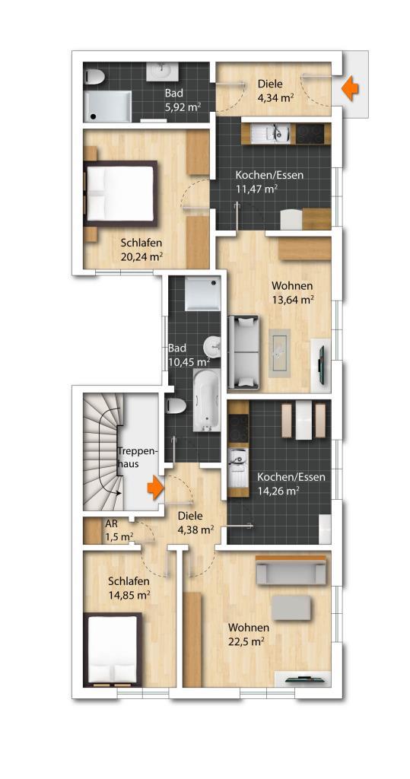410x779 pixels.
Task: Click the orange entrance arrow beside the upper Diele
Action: pyautogui.click(x=350, y=88)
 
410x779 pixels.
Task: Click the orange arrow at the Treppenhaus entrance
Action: pyautogui.click(x=155, y=488)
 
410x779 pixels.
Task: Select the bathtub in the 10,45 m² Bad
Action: pyautogui.click(x=205, y=399)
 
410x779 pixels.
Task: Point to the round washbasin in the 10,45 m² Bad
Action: pyautogui.click(x=212, y=345)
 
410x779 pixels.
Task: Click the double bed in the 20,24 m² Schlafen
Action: pyautogui.click(x=119, y=192)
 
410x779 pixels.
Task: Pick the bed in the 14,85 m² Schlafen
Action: pyautogui.click(x=113, y=650)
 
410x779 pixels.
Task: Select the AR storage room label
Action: pyautogui.click(x=110, y=523)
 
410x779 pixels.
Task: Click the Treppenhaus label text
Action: pyautogui.click(x=137, y=457)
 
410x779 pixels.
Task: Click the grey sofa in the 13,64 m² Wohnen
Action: pyautogui.click(x=243, y=351)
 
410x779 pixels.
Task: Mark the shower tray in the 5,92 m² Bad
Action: pyautogui.click(x=107, y=106)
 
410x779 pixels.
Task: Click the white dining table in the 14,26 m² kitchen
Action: pyautogui.click(x=304, y=420)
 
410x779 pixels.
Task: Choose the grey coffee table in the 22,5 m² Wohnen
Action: pyautogui.click(x=291, y=608)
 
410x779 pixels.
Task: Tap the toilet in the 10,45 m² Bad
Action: pyautogui.click(x=174, y=406)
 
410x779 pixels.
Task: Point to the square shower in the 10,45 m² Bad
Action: pyautogui.click(x=202, y=294)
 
